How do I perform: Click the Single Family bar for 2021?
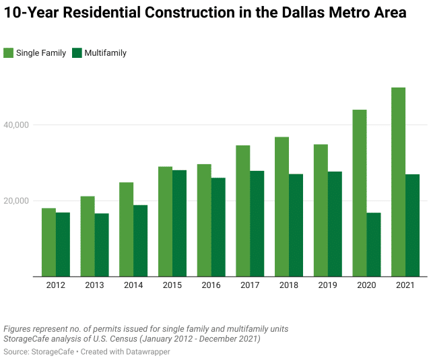(398, 182)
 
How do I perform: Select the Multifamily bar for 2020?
(374, 244)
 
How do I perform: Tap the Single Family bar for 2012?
(48, 242)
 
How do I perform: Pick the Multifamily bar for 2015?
(179, 223)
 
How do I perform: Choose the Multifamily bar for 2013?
(101, 245)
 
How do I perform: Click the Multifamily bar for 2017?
(257, 223)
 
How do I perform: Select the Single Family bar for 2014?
(126, 229)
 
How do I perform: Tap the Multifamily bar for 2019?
(335, 224)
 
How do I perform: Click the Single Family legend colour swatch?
(8, 52)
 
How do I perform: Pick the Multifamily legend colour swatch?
(77, 52)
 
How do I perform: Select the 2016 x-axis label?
(211, 285)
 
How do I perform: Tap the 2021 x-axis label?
(405, 285)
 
